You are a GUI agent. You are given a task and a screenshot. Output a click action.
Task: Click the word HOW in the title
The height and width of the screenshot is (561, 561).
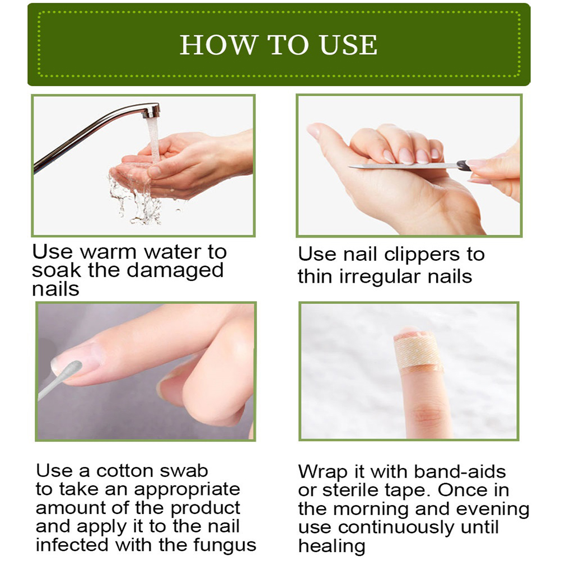[218, 45]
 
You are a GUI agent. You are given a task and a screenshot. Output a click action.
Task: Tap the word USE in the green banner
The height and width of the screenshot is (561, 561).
[348, 45]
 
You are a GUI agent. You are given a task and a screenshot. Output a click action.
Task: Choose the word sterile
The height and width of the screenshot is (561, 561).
[350, 490]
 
